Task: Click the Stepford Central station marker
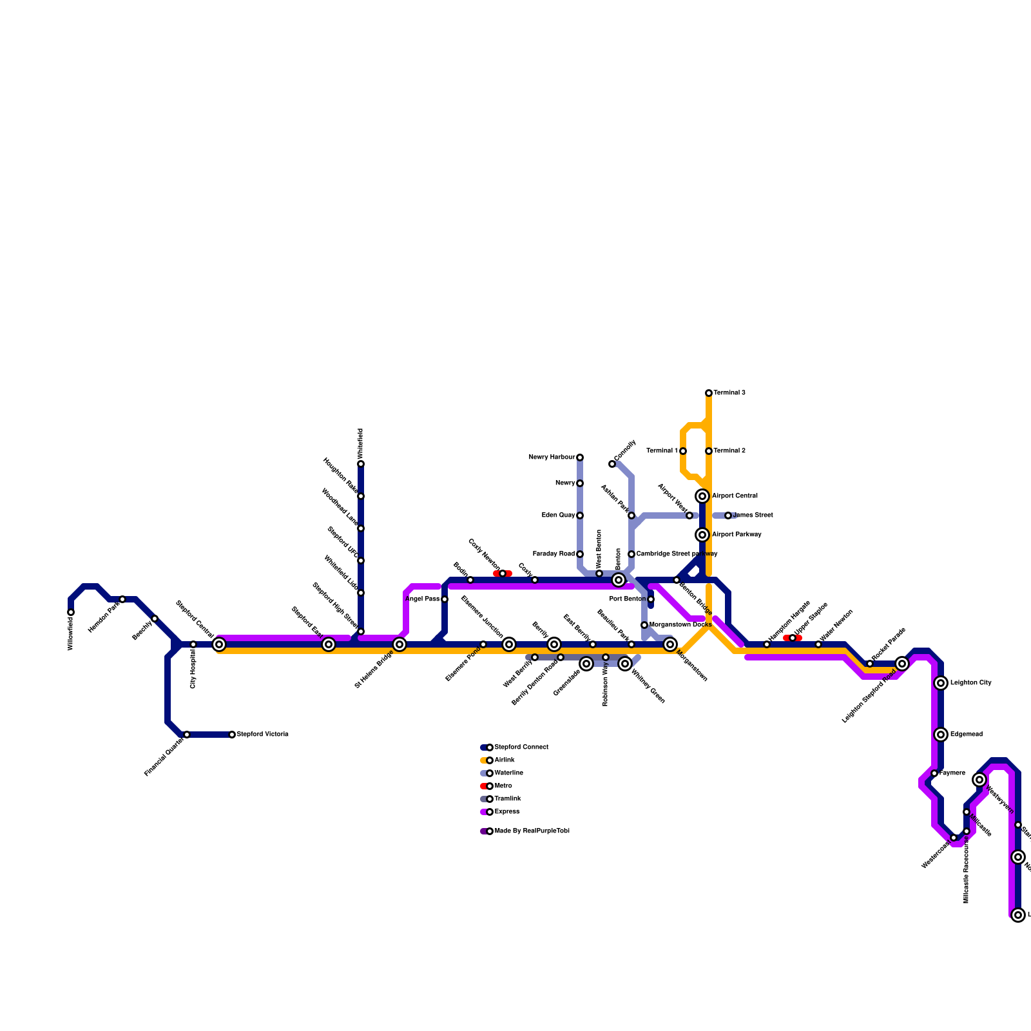(x=219, y=644)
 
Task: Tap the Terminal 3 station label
(x=729, y=393)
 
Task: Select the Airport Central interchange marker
(x=702, y=496)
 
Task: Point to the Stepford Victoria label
(x=262, y=735)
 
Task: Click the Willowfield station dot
(x=71, y=612)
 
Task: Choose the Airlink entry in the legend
(x=504, y=760)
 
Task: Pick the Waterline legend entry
(x=508, y=773)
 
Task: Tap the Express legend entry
(x=506, y=812)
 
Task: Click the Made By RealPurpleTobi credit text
(x=532, y=831)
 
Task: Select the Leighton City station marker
(x=941, y=683)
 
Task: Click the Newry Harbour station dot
(x=580, y=458)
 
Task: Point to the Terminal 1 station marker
(x=683, y=451)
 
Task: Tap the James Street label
(x=753, y=515)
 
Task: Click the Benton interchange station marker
(x=619, y=580)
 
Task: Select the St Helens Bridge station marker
(x=400, y=644)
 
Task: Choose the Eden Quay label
(x=558, y=515)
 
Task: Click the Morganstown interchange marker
(x=670, y=644)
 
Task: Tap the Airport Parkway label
(x=737, y=535)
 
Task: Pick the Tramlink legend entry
(x=507, y=799)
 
